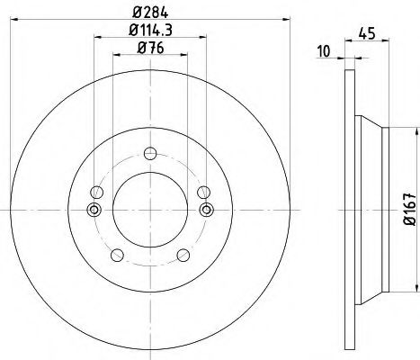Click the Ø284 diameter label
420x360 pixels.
(150, 12)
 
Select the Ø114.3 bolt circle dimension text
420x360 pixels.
(150, 33)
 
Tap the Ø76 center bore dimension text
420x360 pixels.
(150, 50)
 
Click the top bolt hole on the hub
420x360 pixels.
(150, 151)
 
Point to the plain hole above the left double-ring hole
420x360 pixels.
(96, 191)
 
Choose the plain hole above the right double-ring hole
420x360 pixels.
(204, 191)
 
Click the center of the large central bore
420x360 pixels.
(150, 210)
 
